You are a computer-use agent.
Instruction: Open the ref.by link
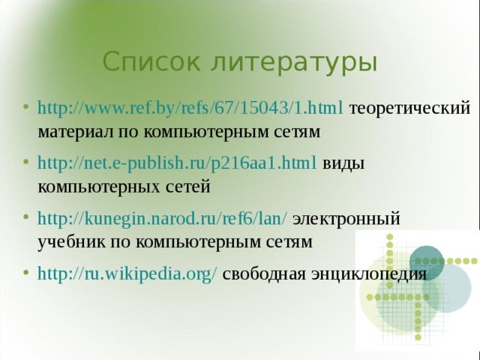pyautogui.click(x=190, y=108)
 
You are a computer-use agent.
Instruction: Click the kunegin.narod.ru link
pyautogui.click(x=161, y=218)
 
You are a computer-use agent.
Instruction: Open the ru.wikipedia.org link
pyautogui.click(x=127, y=273)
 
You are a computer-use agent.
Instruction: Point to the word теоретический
pyautogui.click(x=410, y=108)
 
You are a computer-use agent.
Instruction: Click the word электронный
pyautogui.click(x=346, y=218)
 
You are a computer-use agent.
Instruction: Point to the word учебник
pyautogui.click(x=70, y=241)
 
